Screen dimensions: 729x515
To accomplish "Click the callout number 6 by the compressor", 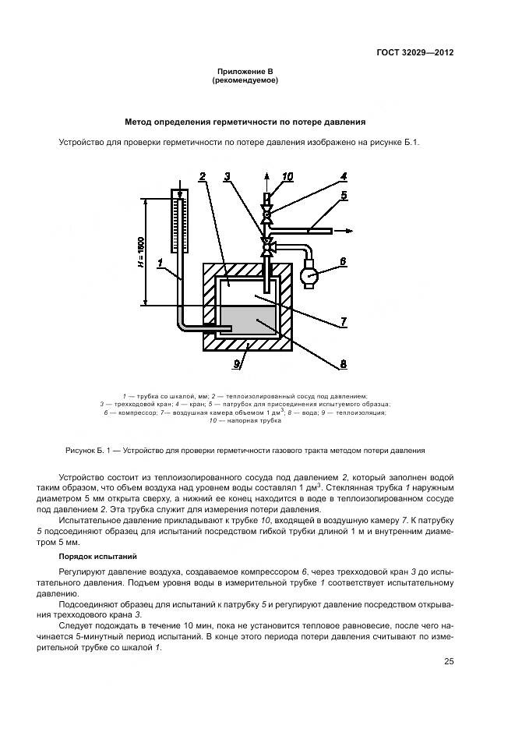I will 342,263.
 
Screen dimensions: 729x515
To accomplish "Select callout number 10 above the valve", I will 287,177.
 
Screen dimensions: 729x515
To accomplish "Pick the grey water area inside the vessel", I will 248,319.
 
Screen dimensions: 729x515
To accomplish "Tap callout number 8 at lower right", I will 342,362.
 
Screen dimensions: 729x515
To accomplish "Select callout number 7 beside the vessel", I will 342,320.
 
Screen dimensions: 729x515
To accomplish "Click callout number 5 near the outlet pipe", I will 342,195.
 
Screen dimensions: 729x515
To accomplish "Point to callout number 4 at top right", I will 342,176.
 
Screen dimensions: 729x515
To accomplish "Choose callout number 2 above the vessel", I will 201,177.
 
